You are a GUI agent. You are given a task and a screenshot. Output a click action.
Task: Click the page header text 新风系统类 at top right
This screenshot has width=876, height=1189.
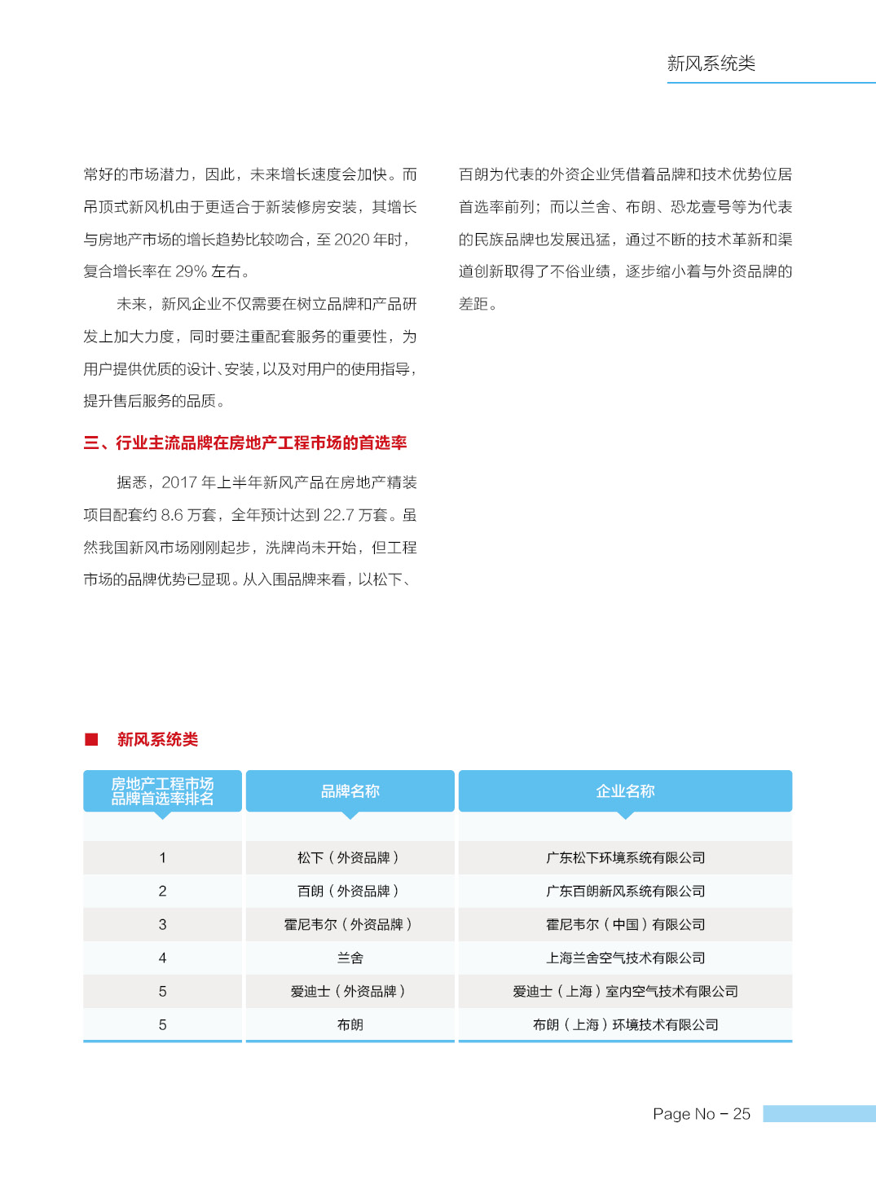pyautogui.click(x=711, y=64)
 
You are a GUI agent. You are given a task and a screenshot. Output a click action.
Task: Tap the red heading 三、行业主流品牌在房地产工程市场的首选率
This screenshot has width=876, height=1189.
pyautogui.click(x=245, y=443)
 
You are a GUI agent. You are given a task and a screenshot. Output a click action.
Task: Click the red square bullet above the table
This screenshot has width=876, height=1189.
pyautogui.click(x=91, y=739)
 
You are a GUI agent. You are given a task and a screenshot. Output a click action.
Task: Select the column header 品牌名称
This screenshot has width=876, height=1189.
pyautogui.click(x=350, y=790)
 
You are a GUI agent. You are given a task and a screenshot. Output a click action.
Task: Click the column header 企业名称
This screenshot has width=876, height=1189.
pyautogui.click(x=625, y=790)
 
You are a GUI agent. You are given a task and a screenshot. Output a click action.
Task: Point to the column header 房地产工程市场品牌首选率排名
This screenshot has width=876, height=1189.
pyautogui.click(x=162, y=790)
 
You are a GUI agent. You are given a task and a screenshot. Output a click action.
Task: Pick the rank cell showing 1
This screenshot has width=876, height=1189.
pyautogui.click(x=162, y=857)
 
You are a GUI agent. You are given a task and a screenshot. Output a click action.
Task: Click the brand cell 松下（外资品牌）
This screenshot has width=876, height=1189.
pyautogui.click(x=350, y=857)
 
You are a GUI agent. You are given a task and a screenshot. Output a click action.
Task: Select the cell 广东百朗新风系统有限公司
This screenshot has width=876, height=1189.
pyautogui.click(x=625, y=891)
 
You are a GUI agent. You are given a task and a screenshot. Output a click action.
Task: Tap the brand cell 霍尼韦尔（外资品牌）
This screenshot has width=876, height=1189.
pyautogui.click(x=350, y=924)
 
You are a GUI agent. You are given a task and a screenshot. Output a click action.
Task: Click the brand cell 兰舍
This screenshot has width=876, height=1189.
pyautogui.click(x=350, y=958)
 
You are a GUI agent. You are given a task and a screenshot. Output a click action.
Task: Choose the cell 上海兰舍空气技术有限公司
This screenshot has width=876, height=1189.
pyautogui.click(x=625, y=958)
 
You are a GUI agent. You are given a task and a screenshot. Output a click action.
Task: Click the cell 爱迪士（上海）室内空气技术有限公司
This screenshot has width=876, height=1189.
pyautogui.click(x=625, y=991)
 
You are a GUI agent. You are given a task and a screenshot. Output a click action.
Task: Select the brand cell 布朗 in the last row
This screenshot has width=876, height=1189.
pyautogui.click(x=350, y=1024)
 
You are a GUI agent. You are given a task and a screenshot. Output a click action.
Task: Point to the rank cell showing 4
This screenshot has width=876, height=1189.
pyautogui.click(x=162, y=958)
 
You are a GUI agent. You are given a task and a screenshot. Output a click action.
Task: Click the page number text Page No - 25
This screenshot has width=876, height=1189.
pyautogui.click(x=701, y=1113)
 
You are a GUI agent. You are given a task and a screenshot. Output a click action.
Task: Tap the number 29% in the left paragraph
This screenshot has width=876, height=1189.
pyautogui.click(x=191, y=271)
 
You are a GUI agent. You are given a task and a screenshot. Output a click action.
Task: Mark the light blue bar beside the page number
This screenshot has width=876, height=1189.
pyautogui.click(x=818, y=1113)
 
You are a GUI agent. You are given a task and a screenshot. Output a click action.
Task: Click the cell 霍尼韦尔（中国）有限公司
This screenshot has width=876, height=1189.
pyautogui.click(x=625, y=924)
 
